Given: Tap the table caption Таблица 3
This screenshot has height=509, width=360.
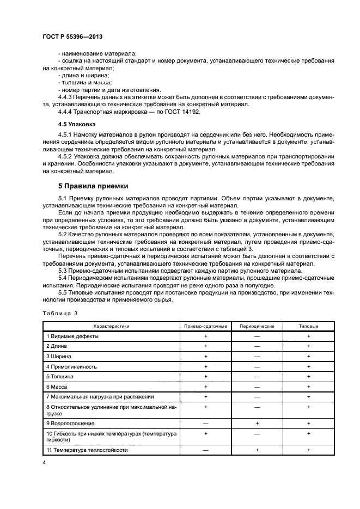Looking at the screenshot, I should pyautogui.click(x=60, y=314).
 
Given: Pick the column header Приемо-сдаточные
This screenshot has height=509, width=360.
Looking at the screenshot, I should pyautogui.click(x=206, y=326).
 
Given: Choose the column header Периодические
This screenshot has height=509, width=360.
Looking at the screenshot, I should pyautogui.click(x=257, y=326).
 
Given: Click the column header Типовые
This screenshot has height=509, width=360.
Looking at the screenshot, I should pyautogui.click(x=308, y=326).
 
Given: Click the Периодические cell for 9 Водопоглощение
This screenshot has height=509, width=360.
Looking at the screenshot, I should pyautogui.click(x=257, y=423).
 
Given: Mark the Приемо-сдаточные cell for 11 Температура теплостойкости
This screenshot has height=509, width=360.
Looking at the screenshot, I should pyautogui.click(x=206, y=450).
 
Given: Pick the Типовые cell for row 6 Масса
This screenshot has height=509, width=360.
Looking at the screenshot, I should pyautogui.click(x=308, y=386).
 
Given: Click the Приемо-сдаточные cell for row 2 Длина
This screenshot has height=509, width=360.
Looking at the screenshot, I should pyautogui.click(x=206, y=346).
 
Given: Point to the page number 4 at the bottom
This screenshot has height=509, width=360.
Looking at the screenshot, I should pyautogui.click(x=44, y=462).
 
